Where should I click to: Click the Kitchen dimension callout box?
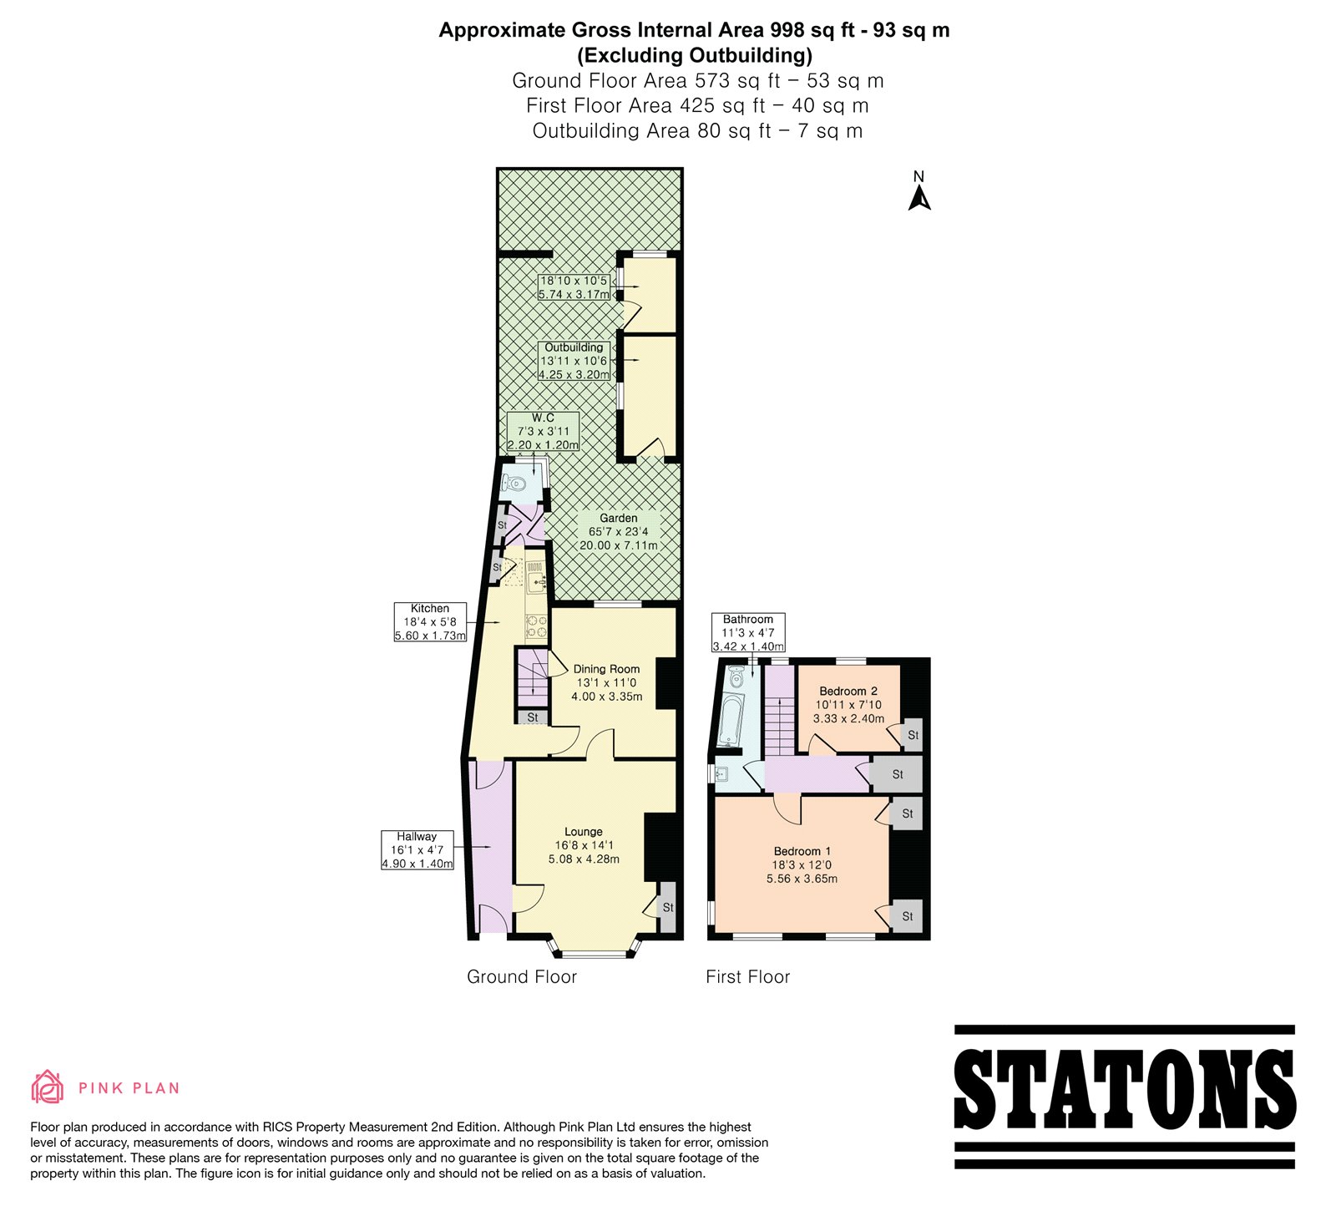430,622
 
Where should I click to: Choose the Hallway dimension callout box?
417,850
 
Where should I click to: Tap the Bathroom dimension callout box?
748,632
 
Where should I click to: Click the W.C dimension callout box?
544,431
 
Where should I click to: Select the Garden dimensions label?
619,532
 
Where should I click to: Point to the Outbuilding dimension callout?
574,361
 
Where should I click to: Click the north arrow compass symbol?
919,191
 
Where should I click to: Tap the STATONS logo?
1124,1097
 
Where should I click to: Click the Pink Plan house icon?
48,1087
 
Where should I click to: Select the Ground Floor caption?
522,977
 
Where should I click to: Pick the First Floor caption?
747,977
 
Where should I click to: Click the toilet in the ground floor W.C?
514,483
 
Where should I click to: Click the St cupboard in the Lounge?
667,907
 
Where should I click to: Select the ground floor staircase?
531,677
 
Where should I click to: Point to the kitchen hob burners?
535,629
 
